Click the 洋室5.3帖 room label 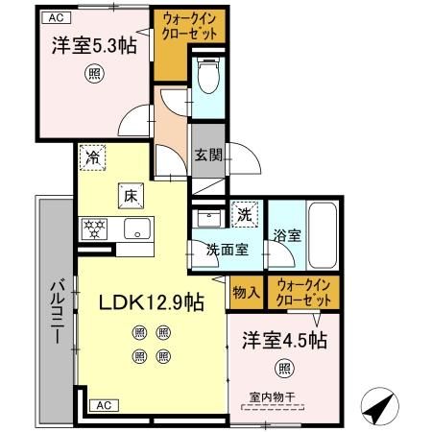coord(93,46)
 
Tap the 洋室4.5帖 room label coord(283,339)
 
